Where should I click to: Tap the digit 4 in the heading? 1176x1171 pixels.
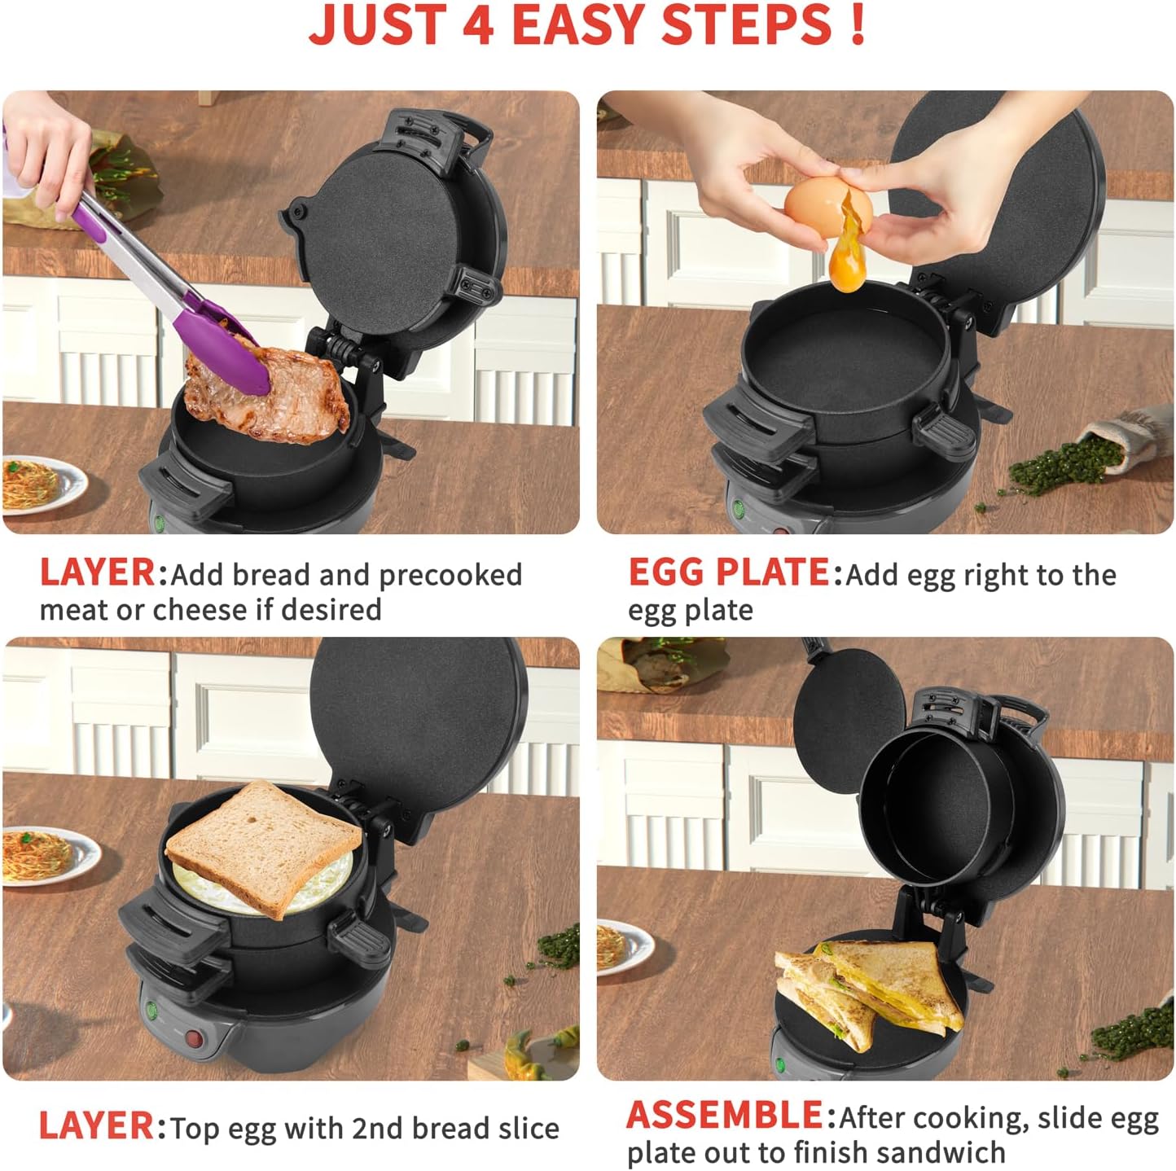point(477,25)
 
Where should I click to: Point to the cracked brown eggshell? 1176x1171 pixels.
point(828,205)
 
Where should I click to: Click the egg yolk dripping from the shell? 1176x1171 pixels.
point(848,250)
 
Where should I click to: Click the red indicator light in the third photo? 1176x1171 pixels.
point(194,1037)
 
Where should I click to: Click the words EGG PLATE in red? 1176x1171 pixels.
point(729,573)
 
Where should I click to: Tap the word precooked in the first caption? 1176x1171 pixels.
point(450,576)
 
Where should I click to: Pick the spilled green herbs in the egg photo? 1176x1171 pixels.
point(1063,464)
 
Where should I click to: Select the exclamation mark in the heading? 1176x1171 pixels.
point(858,24)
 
